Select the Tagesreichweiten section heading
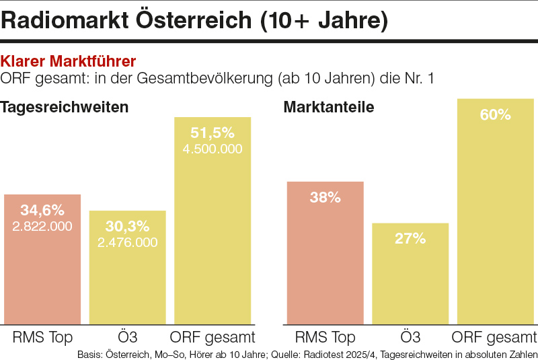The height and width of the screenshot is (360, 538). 65,107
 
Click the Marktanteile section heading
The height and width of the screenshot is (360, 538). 329,107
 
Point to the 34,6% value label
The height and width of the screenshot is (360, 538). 42,211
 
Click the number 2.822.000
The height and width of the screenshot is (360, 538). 42,226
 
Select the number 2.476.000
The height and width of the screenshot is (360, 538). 127,242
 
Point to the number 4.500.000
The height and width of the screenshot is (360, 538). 213,149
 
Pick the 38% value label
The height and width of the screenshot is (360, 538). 325,198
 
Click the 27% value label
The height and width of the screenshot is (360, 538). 410,238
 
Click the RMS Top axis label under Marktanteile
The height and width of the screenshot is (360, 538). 325,337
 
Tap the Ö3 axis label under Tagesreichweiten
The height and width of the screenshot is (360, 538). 127,336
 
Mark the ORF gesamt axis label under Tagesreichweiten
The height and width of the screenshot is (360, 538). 213,337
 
